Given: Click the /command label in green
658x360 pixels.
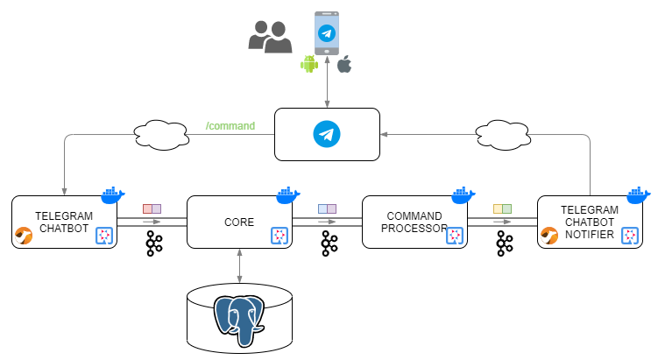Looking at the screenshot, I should pos(230,126).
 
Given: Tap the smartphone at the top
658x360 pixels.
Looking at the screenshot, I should pos(327,33).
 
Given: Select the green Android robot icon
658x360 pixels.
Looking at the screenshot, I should pos(308,63).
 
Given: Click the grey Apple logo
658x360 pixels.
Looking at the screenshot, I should pos(344,64).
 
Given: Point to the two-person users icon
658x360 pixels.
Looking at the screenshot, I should pos(270,36).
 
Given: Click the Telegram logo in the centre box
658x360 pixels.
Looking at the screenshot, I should pos(327,135).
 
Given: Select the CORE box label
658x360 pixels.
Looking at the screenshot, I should pos(239,222).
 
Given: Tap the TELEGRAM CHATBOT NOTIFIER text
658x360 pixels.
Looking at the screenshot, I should pos(590,222).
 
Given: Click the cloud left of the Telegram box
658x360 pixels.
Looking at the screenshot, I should pos(161,135).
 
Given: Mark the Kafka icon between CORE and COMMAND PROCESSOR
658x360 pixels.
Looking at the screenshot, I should pos(329,244).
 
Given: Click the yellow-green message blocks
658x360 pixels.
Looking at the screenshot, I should pos(502,209).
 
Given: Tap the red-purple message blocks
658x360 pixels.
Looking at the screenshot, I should pos(152,209).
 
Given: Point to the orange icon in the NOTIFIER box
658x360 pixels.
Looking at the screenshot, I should pos(549,235).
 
